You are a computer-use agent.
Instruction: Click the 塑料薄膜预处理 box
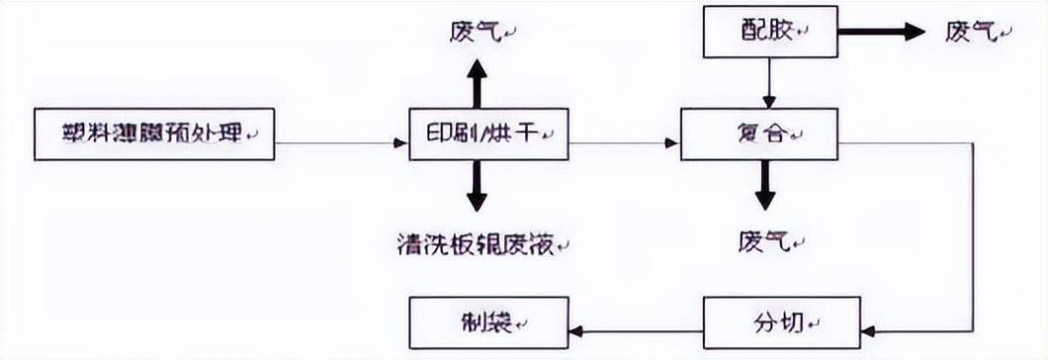tap(154, 134)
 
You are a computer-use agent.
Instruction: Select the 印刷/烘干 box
tap(489, 134)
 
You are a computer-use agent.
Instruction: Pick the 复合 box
tap(759, 134)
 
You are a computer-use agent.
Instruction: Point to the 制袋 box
tap(489, 323)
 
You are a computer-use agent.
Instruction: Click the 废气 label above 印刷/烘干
tap(477, 31)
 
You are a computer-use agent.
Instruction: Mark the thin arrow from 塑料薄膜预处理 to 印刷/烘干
tap(341, 143)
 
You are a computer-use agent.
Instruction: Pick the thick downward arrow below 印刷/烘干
tap(477, 186)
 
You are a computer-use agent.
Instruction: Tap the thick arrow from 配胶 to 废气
tap(880, 32)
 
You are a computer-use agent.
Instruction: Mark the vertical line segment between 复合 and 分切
tap(975, 237)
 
